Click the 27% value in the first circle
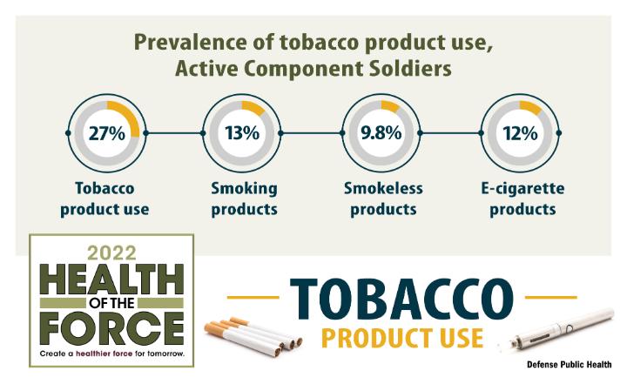pyautogui.click(x=107, y=133)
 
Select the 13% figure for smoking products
pyautogui.click(x=242, y=133)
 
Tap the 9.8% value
pyautogui.click(x=381, y=133)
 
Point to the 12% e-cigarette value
pyautogui.click(x=520, y=133)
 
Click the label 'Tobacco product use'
pyautogui.click(x=104, y=199)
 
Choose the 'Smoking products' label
pyautogui.click(x=244, y=199)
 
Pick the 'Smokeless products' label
pyautogui.click(x=383, y=199)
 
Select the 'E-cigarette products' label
pyautogui.click(x=522, y=199)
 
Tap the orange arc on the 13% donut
pyautogui.click(x=253, y=107)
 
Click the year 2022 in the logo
pyautogui.click(x=112, y=253)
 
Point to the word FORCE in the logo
pyautogui.click(x=111, y=329)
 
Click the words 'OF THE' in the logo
pyautogui.click(x=111, y=303)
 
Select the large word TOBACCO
pyautogui.click(x=401, y=299)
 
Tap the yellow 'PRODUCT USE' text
pyautogui.click(x=402, y=339)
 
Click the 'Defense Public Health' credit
pyautogui.click(x=569, y=364)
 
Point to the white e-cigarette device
pyautogui.click(x=560, y=329)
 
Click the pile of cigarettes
pyautogui.click(x=253, y=336)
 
